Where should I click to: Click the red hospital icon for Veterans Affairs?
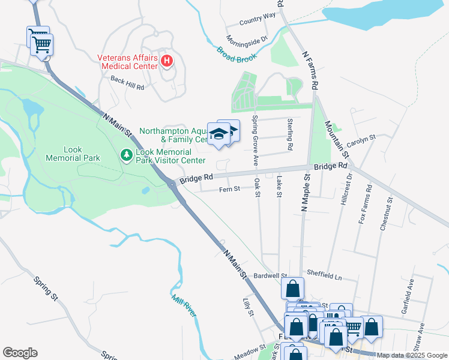tap(167, 61)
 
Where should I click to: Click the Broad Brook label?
tap(237, 55)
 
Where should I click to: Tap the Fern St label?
tap(229, 188)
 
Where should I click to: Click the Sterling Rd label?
tap(290, 134)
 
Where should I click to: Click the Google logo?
tap(20, 353)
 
